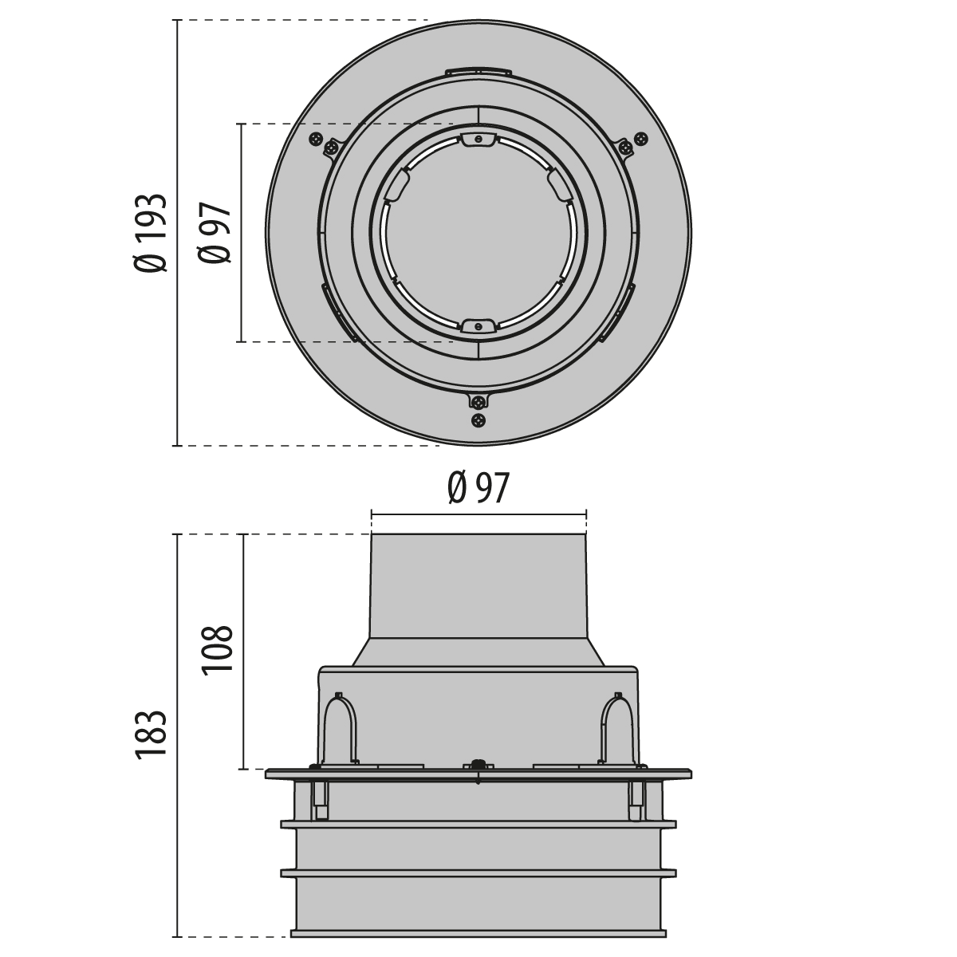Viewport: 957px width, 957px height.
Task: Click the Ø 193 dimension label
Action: tap(150, 232)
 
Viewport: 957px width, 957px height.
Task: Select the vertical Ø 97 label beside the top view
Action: tap(215, 232)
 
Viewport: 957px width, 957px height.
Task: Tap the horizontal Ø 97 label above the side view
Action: tap(478, 489)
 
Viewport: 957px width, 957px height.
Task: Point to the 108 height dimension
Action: tap(217, 648)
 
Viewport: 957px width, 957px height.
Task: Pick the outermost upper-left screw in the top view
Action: tap(315, 138)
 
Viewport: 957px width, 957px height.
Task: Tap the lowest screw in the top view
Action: tap(478, 420)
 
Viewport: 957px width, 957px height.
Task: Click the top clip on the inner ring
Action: tap(478, 140)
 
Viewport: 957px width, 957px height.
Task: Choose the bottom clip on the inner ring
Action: tap(478, 326)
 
